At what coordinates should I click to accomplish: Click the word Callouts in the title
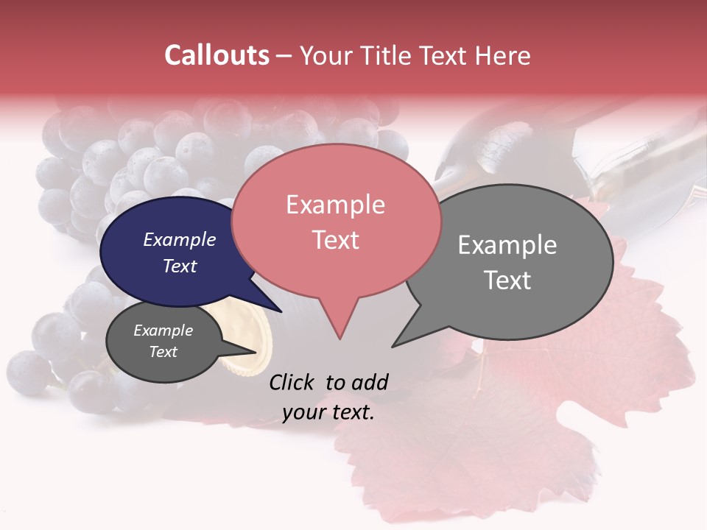point(217,55)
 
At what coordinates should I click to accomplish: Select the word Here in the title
point(502,55)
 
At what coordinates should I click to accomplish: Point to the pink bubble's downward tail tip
point(340,338)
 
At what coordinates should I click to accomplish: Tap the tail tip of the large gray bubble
point(395,345)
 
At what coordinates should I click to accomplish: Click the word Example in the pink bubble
point(335,205)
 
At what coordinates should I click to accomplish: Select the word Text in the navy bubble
point(179,266)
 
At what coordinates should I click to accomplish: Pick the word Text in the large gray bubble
point(507,280)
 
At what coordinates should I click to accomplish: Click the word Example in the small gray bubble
point(163,331)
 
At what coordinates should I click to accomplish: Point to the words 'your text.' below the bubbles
point(328,412)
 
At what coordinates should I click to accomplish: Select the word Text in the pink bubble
point(335,240)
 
